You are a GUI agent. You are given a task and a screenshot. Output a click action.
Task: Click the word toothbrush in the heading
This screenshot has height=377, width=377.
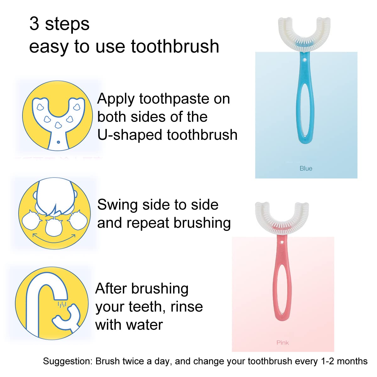pyautogui.click(x=175, y=46)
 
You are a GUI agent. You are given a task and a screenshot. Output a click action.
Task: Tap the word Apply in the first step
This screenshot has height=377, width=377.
pyautogui.click(x=116, y=99)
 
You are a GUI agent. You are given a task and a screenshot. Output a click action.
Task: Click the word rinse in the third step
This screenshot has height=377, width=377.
pyautogui.click(x=187, y=307)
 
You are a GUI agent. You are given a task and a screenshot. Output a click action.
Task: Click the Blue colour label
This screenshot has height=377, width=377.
pyautogui.click(x=306, y=168)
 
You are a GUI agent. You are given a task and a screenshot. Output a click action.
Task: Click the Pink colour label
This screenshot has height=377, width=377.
pyautogui.click(x=282, y=342)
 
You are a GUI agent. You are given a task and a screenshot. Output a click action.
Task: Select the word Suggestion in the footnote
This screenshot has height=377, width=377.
pyautogui.click(x=68, y=361)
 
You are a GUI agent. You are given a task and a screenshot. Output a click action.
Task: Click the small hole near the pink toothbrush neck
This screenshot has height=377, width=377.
pyautogui.click(x=282, y=243)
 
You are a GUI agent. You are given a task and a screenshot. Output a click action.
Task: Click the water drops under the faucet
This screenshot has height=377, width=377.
pyautogui.click(x=62, y=304)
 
